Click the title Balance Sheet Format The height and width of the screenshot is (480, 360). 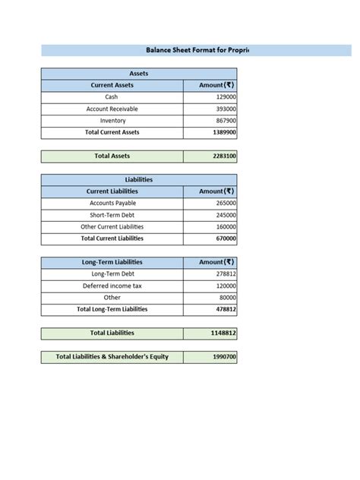point(197,50)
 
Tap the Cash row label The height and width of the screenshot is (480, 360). point(112,97)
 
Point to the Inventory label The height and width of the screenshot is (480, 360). point(112,121)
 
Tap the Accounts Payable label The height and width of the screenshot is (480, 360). point(112,204)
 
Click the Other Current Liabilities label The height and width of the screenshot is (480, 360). point(112,227)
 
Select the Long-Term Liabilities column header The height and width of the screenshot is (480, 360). point(112,262)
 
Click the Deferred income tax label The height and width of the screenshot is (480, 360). point(112,286)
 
